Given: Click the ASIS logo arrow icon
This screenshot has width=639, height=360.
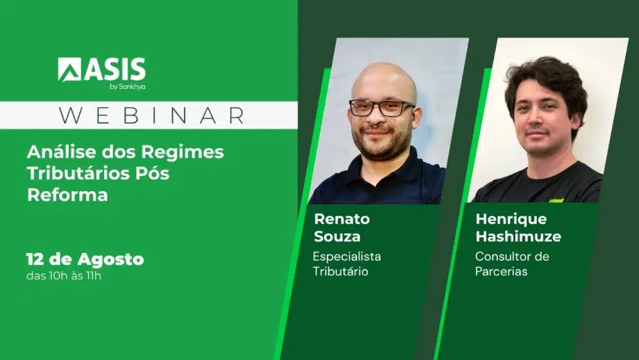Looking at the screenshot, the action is pyautogui.click(x=69, y=69).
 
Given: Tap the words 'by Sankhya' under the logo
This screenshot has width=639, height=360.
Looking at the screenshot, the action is pyautogui.click(x=128, y=86).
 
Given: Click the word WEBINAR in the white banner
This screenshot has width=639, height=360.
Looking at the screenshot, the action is pyautogui.click(x=152, y=115).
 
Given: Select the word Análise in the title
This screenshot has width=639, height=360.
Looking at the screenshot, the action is pyautogui.click(x=61, y=152).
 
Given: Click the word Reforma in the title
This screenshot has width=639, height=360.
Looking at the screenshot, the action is pyautogui.click(x=67, y=195).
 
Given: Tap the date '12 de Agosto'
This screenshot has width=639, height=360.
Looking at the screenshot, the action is pyautogui.click(x=85, y=259).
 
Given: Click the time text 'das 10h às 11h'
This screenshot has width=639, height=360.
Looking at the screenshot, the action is pyautogui.click(x=64, y=276).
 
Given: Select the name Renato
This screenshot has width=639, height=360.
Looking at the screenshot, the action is pyautogui.click(x=342, y=219).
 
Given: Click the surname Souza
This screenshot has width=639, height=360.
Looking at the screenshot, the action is pyautogui.click(x=337, y=236).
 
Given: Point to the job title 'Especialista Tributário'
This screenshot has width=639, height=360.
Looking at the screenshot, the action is pyautogui.click(x=347, y=264).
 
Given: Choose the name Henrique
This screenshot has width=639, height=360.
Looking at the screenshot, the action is pyautogui.click(x=511, y=220).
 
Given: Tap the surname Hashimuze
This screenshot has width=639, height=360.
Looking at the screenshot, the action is pyautogui.click(x=518, y=236).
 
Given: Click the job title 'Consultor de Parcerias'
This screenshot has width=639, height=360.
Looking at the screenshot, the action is pyautogui.click(x=513, y=264).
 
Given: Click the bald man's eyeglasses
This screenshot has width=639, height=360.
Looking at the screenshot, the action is pyautogui.click(x=381, y=108).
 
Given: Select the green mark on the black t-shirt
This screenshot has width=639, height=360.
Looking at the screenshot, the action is pyautogui.click(x=556, y=201).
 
